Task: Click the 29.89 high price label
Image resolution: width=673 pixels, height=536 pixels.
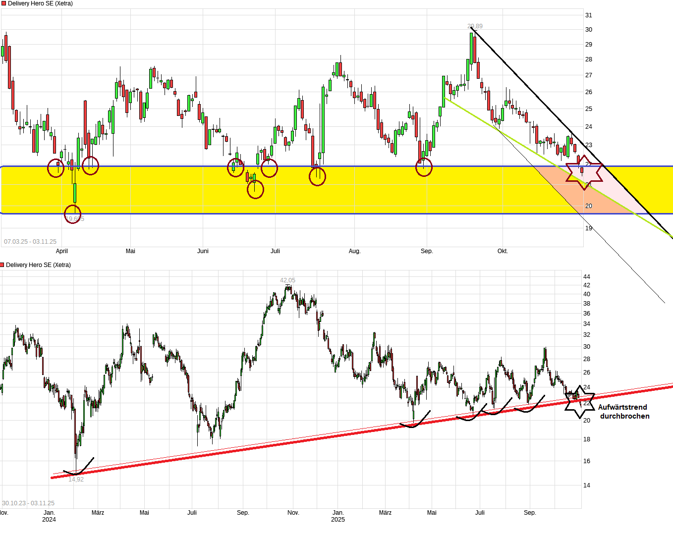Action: (x=475, y=26)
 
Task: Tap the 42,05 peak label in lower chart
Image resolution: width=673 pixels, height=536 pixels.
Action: (x=287, y=280)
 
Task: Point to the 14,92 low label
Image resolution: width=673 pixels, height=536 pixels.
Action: (x=76, y=480)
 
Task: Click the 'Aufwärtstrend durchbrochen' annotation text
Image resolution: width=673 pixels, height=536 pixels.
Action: (x=624, y=412)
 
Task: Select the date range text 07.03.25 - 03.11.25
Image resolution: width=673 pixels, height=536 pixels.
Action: (x=30, y=242)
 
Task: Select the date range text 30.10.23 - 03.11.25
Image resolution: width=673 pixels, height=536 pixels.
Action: (x=28, y=503)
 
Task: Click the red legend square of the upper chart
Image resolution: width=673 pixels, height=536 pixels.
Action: (x=3, y=3)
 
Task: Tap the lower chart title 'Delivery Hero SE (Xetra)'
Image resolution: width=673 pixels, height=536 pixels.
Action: (x=38, y=265)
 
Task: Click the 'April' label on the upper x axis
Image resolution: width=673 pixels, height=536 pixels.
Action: (x=62, y=251)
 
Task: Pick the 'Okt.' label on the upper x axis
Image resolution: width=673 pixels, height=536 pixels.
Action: (x=503, y=251)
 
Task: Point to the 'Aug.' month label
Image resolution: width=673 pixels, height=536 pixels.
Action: (x=354, y=251)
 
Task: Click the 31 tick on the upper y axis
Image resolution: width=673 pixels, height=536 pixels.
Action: (x=589, y=15)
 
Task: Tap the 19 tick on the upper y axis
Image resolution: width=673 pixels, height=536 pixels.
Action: (x=589, y=228)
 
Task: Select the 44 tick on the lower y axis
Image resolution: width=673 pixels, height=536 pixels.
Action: (x=587, y=276)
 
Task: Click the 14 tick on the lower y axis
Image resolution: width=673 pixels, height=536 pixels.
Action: (x=587, y=485)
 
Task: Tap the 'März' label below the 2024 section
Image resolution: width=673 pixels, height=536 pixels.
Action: (x=98, y=513)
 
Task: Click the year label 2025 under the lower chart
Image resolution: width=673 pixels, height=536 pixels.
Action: (x=338, y=520)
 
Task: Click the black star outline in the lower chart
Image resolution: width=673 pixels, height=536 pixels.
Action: (x=579, y=401)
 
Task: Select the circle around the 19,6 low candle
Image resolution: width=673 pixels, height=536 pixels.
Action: (x=73, y=215)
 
